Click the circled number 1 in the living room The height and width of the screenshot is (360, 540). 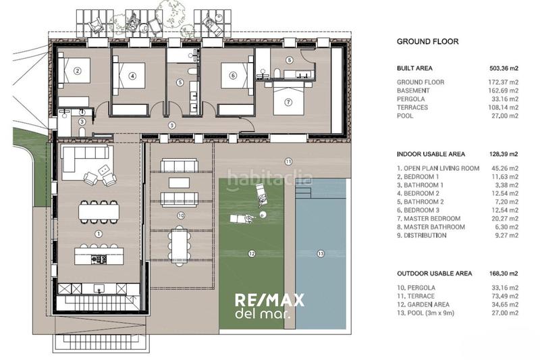click(x=99, y=234)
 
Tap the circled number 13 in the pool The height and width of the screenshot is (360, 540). click(x=321, y=253)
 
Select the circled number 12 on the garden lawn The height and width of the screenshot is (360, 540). click(x=252, y=253)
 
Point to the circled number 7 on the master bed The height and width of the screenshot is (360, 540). click(x=288, y=102)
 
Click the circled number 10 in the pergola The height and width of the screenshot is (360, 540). click(x=181, y=215)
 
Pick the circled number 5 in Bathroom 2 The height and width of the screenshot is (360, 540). click(x=180, y=82)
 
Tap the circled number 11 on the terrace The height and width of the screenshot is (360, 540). click(x=288, y=161)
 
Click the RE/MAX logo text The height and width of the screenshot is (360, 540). click(x=269, y=301)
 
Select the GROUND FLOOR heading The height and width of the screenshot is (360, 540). click(x=428, y=42)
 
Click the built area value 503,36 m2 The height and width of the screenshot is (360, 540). click(x=504, y=68)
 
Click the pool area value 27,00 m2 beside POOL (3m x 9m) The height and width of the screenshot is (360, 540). click(x=505, y=313)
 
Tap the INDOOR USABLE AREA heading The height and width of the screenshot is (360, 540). click(x=431, y=154)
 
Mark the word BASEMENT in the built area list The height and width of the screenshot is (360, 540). click(x=413, y=91)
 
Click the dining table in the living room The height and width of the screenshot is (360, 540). click(x=99, y=211)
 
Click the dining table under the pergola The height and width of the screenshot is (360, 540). click(x=179, y=246)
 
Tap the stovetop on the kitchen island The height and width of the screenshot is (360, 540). click(x=99, y=259)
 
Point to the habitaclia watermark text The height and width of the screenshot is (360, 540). click(x=270, y=179)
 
